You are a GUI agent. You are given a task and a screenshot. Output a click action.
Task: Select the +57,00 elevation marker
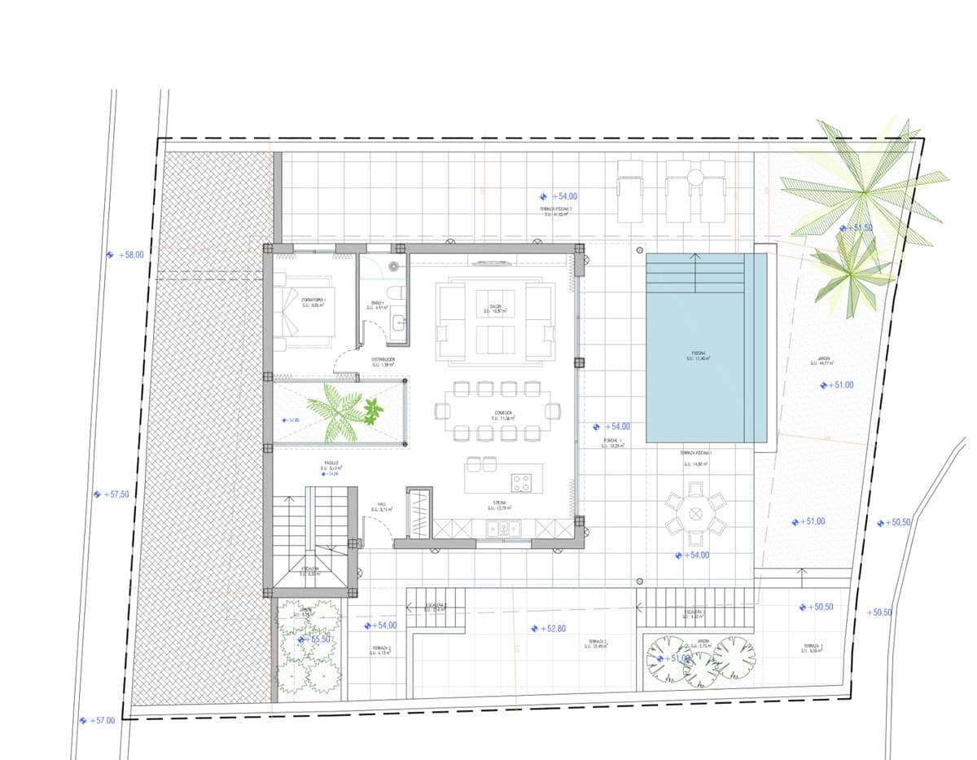[x=102, y=721]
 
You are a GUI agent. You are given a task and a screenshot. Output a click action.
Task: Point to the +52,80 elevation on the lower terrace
[x=552, y=629]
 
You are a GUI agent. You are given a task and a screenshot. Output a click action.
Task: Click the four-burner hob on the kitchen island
[x=521, y=483]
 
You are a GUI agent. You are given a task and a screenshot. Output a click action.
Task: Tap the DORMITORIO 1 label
[x=313, y=303]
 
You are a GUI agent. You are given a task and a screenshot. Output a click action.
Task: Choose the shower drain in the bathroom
[x=394, y=266]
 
